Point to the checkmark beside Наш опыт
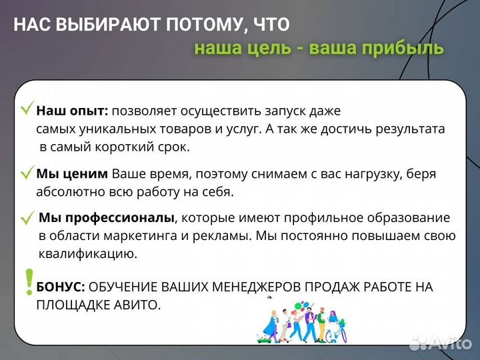(x=28, y=109)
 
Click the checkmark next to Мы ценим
(x=27, y=174)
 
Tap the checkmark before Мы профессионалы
(x=28, y=218)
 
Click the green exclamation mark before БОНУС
(x=29, y=282)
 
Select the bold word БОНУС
(x=61, y=287)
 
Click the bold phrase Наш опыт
(x=72, y=111)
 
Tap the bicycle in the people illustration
(x=337, y=330)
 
